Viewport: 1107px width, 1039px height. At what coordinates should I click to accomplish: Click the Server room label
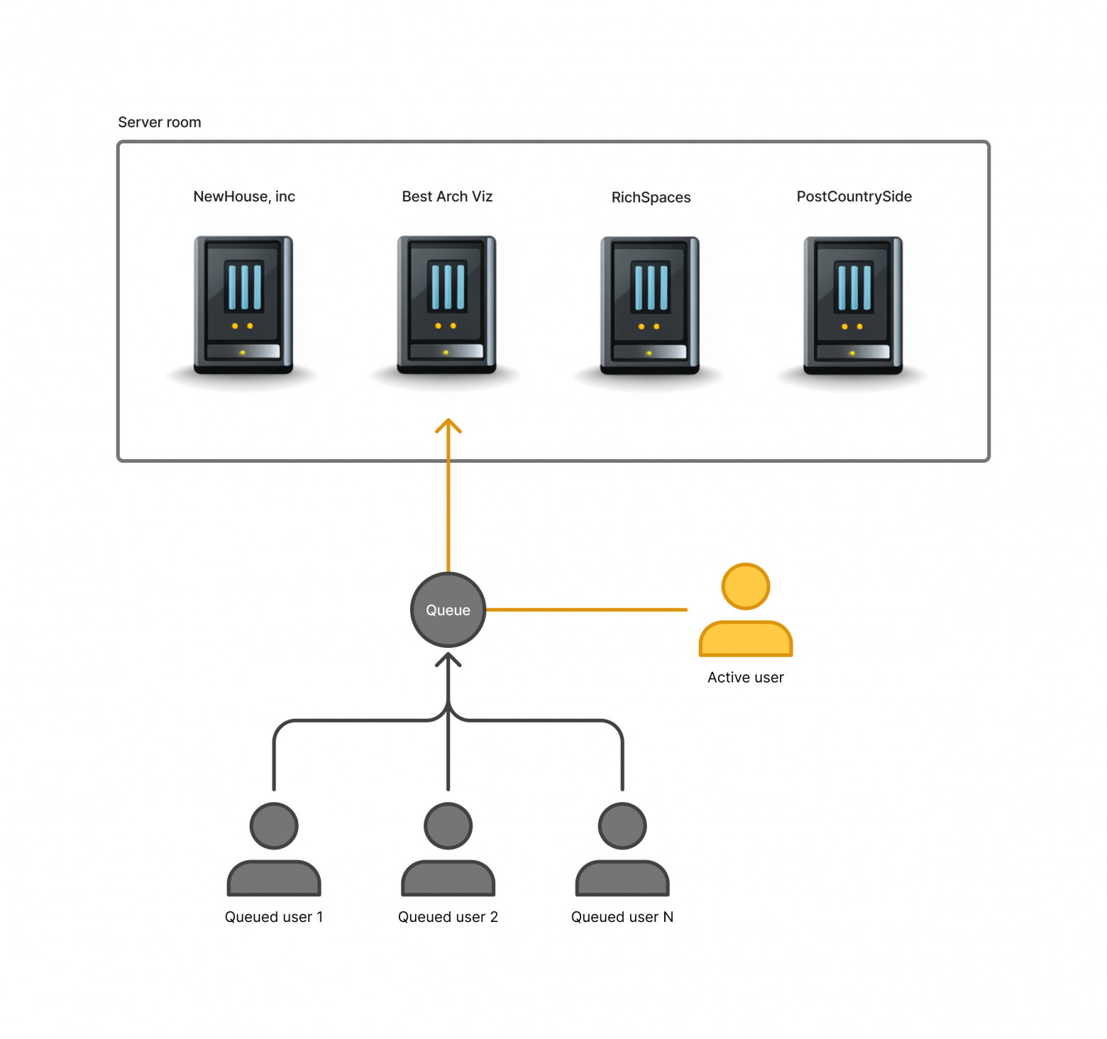[160, 122]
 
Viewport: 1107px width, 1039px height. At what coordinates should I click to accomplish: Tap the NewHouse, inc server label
[244, 197]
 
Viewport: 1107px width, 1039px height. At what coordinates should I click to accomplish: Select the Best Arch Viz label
[447, 197]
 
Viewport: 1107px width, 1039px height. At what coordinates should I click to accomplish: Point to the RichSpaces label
[651, 197]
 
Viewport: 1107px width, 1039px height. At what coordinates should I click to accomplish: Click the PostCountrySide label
[854, 197]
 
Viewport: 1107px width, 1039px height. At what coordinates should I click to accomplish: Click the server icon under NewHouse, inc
[243, 305]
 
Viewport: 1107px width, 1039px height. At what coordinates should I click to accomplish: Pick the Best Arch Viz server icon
[446, 305]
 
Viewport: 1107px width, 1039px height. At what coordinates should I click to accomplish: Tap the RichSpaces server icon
[650, 305]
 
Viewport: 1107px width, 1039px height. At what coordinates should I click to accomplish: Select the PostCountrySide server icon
[853, 305]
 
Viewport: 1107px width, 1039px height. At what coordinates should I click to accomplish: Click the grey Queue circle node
[448, 610]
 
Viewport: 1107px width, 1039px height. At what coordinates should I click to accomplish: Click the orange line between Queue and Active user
[587, 610]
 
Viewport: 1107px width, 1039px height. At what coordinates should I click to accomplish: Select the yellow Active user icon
[746, 610]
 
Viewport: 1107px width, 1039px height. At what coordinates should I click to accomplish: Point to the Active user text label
[746, 677]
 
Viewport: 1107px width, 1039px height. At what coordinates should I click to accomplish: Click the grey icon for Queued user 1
[274, 850]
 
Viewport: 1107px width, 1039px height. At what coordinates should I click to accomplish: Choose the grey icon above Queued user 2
[448, 850]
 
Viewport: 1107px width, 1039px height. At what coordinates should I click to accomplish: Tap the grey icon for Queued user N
[622, 850]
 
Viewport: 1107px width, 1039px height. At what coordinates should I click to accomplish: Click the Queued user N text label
[622, 917]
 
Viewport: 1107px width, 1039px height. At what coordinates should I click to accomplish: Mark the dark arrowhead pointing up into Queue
[448, 659]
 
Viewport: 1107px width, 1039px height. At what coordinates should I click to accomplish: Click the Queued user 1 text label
[274, 917]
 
